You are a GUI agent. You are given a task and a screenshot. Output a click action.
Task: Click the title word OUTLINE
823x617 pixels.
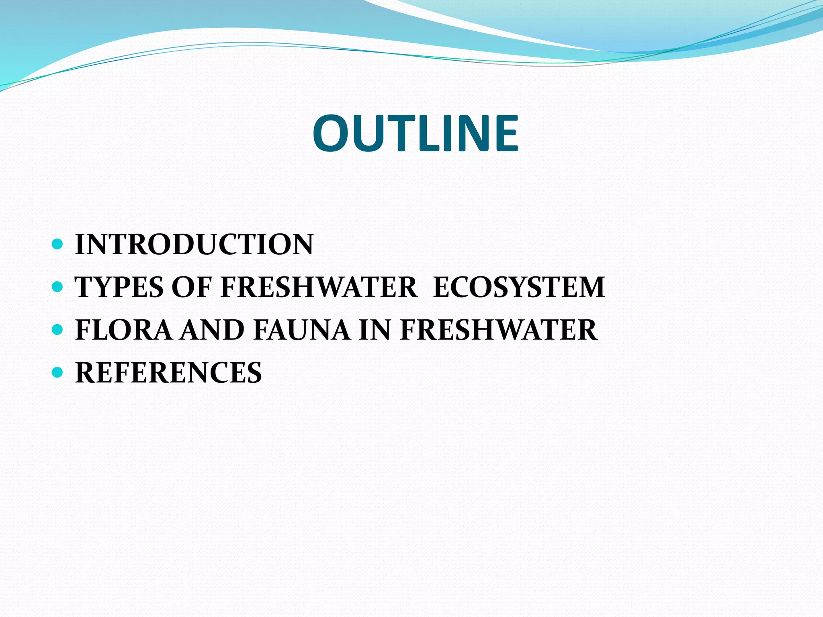click(x=416, y=133)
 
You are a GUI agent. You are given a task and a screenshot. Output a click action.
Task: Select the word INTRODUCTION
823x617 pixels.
click(x=194, y=244)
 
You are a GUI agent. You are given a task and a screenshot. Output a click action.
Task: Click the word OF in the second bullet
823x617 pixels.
click(x=192, y=287)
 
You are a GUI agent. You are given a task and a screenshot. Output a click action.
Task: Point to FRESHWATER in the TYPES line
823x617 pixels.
click(x=319, y=287)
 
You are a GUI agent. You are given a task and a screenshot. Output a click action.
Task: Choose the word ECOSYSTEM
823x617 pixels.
click(x=519, y=287)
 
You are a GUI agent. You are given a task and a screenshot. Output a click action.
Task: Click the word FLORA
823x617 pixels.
click(x=123, y=330)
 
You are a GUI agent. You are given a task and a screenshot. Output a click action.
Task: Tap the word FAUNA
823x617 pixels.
click(x=302, y=330)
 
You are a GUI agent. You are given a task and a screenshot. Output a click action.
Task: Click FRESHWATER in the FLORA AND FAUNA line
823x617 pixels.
click(x=499, y=330)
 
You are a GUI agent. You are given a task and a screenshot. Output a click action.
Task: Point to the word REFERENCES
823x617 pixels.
click(x=168, y=373)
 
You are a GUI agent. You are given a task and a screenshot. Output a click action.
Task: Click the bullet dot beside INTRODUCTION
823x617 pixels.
click(x=57, y=243)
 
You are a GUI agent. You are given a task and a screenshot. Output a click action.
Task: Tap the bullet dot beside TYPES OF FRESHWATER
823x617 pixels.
click(x=57, y=286)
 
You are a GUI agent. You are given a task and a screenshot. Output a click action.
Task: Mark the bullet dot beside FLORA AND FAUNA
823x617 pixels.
click(x=57, y=329)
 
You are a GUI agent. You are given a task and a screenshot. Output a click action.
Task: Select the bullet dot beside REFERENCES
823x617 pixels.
click(x=57, y=372)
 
